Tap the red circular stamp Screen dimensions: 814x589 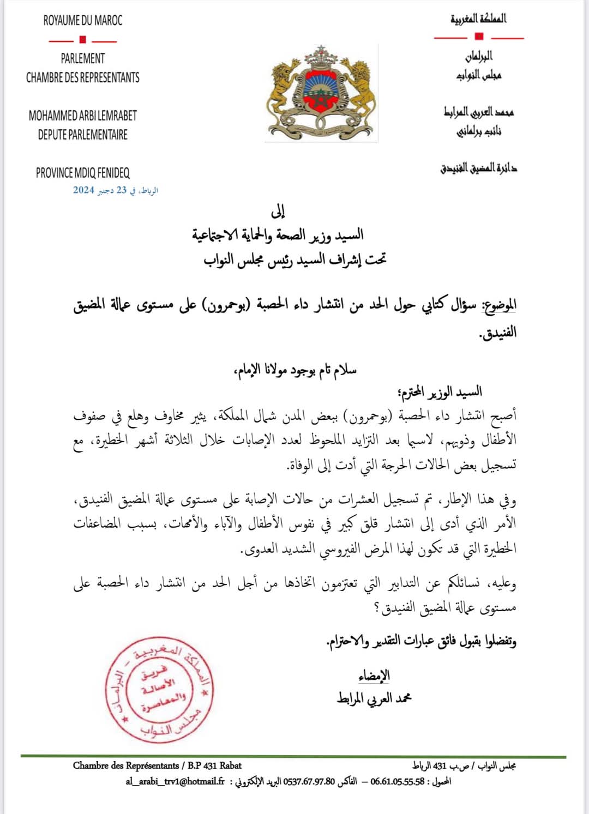pos(158,689)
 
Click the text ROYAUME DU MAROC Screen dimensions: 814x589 pos(83,21)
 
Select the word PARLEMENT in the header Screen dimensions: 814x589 pos(83,58)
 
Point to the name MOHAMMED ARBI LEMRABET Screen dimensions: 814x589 pos(83,116)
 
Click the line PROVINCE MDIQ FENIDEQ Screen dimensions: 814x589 pos(83,173)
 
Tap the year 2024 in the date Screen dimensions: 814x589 pos(83,190)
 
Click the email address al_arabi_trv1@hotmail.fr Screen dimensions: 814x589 pos(175,781)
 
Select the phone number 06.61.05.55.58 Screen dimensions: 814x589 pos(397,781)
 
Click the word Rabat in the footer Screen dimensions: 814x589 pos(230,765)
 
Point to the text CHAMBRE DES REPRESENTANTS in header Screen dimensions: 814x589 pos(83,77)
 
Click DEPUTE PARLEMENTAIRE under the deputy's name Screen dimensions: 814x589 pos(83,135)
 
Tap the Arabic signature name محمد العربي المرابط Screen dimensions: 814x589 pos(374,698)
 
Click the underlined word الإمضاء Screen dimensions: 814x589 pos(374,676)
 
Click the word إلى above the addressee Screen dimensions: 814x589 pos(278,211)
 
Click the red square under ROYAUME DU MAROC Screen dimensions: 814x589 pos(83,39)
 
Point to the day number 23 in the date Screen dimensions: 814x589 pos(121,190)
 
